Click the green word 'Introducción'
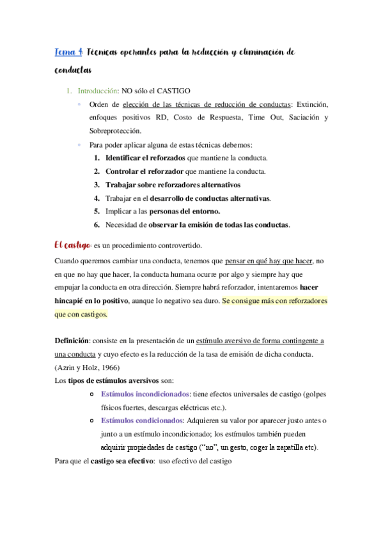(x=97, y=91)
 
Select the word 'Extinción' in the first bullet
(x=311, y=105)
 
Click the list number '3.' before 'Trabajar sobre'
(x=97, y=185)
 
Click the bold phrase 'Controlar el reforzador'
(x=145, y=171)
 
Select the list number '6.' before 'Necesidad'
(x=97, y=224)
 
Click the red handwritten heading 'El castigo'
(x=71, y=244)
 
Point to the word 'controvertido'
(x=180, y=245)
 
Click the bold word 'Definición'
(x=72, y=341)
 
